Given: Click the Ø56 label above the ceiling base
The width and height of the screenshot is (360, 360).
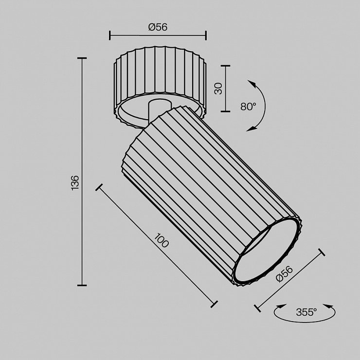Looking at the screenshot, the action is (158, 27).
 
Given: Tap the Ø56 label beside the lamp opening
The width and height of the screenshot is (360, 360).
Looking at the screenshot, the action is (285, 274).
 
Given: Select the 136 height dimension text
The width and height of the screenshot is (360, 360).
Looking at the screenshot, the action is (75, 183).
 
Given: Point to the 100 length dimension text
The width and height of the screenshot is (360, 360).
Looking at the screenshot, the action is (161, 240).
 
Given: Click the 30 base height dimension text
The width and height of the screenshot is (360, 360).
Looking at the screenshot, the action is (218, 89).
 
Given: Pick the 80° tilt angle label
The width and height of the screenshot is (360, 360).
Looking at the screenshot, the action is (248, 107).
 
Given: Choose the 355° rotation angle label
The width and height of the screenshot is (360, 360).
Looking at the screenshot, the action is (306, 312).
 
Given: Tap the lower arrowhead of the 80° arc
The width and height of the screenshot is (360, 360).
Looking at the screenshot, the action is (251, 129).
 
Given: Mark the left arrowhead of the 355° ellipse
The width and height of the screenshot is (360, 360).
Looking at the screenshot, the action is (281, 306).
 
